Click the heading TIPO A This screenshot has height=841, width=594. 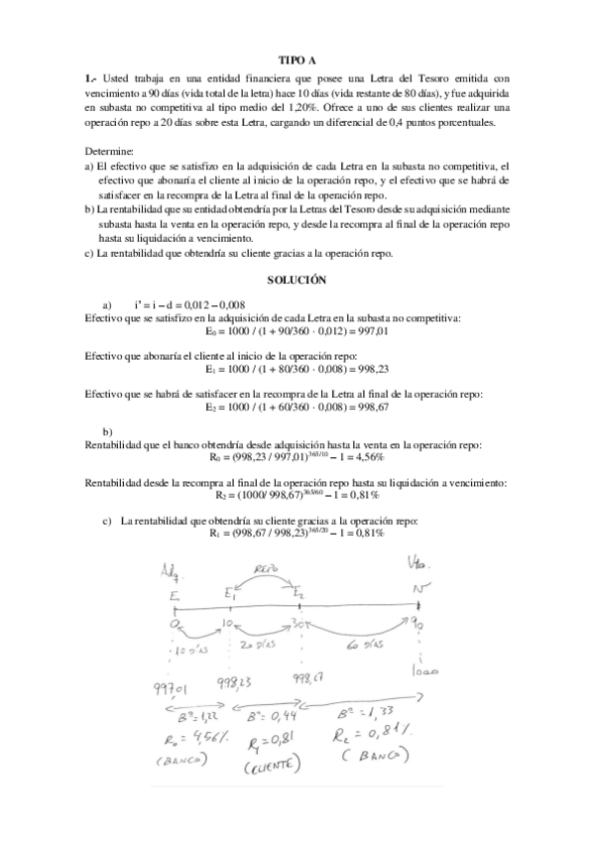pos(297,60)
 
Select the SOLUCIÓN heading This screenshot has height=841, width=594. pos(297,281)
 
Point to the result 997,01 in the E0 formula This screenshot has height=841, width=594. pos(373,333)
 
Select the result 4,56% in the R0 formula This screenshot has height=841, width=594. pos(366,461)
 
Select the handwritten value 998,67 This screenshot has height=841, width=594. pos(310,679)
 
